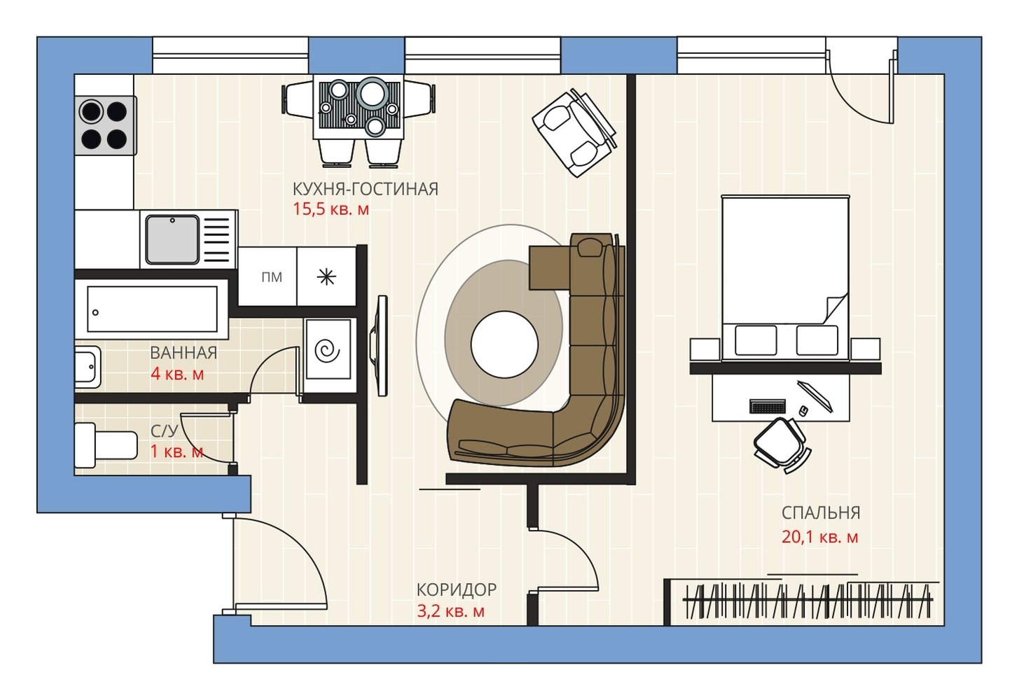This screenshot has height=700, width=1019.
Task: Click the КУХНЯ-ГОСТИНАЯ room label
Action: coord(366,189)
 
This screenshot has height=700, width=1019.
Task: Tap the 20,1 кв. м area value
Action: coord(819,538)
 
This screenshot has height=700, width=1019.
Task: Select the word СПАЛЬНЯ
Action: coord(821,513)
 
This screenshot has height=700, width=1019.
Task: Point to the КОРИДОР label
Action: coord(457,590)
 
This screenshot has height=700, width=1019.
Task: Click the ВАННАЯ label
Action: coord(183,353)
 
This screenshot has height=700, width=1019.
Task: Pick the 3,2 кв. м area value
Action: coord(451,611)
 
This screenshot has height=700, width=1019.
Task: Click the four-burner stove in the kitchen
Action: coord(105,125)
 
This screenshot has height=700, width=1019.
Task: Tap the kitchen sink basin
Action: coord(172,239)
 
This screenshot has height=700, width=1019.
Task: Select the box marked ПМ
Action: coord(268,276)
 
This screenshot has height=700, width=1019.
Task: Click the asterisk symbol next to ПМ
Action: coord(326,276)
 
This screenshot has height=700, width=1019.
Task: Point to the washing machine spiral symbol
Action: coord(328,350)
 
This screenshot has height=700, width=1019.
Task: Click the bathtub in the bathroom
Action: coord(152,309)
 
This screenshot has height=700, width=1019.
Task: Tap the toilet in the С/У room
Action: coord(106,445)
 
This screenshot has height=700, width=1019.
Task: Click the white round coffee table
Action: coord(504,344)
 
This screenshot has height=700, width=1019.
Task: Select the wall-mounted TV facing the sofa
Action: coord(381,346)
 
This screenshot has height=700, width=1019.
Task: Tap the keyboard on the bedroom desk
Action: coord(768,406)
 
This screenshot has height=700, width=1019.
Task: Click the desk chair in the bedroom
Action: coord(781,444)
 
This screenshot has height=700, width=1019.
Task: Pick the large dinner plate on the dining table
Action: coord(372,92)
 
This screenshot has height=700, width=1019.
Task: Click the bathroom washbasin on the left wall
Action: coord(88,367)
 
